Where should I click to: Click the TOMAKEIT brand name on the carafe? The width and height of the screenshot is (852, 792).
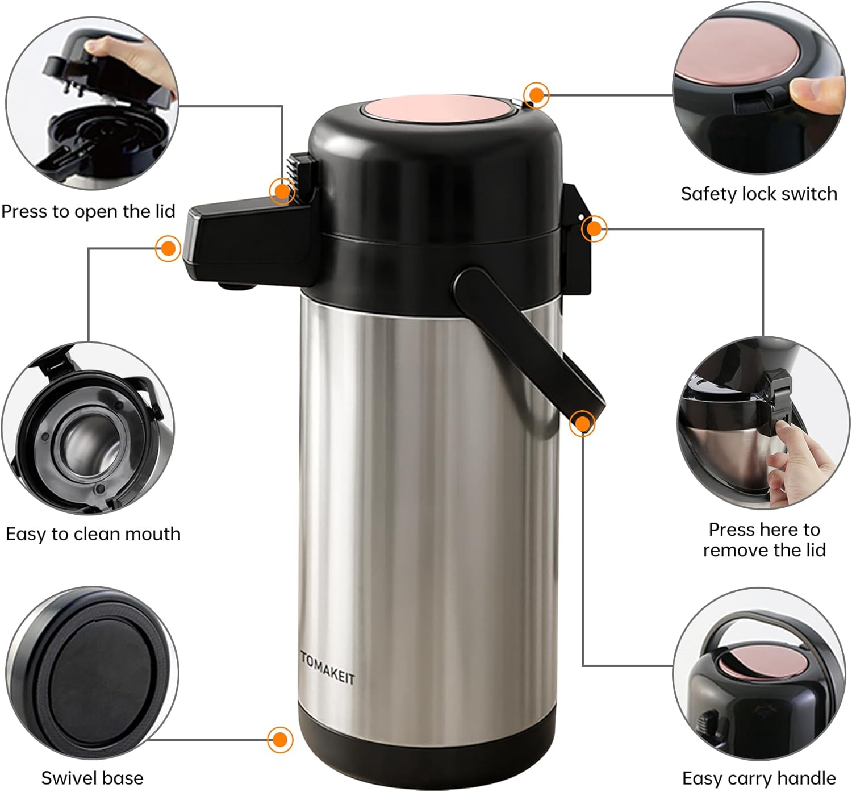pos(327,668)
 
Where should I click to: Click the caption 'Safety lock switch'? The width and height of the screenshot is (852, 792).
pos(759,194)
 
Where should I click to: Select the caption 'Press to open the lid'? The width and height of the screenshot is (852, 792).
pos(88,211)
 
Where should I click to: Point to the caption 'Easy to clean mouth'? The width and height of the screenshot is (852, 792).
pos(93,534)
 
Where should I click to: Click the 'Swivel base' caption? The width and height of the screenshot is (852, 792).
pos(92,777)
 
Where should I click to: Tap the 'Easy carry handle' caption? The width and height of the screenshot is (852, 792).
pos(759,777)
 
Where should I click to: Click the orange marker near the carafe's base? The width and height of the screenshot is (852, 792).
pos(279,740)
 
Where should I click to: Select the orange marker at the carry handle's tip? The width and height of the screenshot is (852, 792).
pos(582,423)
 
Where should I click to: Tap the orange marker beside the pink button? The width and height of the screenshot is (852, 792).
pos(536,95)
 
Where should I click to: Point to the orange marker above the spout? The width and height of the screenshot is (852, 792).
pos(168,248)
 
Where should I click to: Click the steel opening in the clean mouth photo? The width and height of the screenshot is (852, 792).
pos(85,437)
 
